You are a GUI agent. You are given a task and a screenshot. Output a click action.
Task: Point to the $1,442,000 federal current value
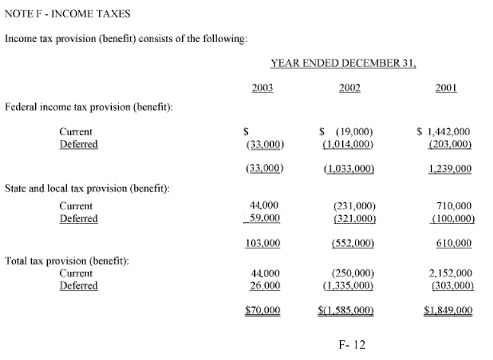point(444,132)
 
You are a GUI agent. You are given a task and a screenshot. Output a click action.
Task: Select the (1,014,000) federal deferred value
point(348,144)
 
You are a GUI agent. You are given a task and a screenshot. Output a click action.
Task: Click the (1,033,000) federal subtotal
point(348,169)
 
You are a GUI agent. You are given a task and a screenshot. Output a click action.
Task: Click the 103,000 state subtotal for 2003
point(262,243)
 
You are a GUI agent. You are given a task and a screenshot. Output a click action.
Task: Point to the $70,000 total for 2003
point(262,311)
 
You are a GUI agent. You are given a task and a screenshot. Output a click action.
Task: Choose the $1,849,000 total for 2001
point(448,311)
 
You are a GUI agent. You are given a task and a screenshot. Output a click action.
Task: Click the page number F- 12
point(352,345)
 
